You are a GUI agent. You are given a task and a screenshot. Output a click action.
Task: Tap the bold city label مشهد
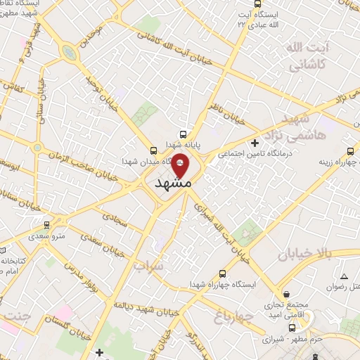(172, 182)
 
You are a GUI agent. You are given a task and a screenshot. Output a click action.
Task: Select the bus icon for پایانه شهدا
(184, 134)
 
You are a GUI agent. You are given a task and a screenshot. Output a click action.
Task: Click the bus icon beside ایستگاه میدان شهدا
(154, 150)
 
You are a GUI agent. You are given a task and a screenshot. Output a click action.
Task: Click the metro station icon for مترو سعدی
(47, 225)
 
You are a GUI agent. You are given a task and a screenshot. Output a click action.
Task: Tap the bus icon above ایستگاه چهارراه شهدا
(223, 274)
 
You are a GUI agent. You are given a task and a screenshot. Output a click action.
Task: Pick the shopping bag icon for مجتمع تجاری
(285, 295)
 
